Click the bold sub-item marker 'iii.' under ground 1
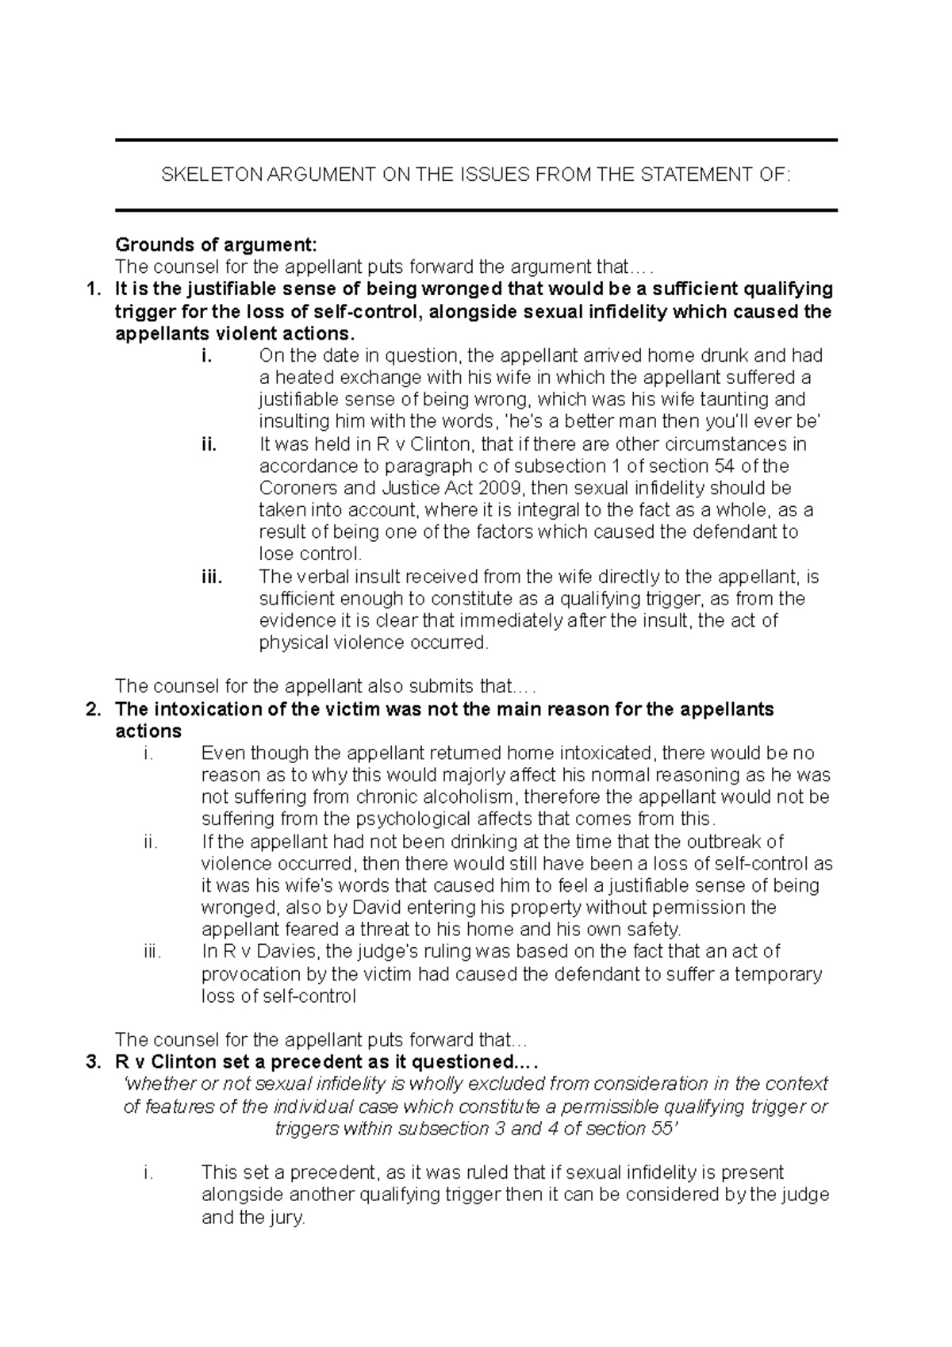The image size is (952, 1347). click(212, 577)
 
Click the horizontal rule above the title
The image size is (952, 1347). click(476, 140)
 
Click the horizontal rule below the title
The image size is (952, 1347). click(476, 210)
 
